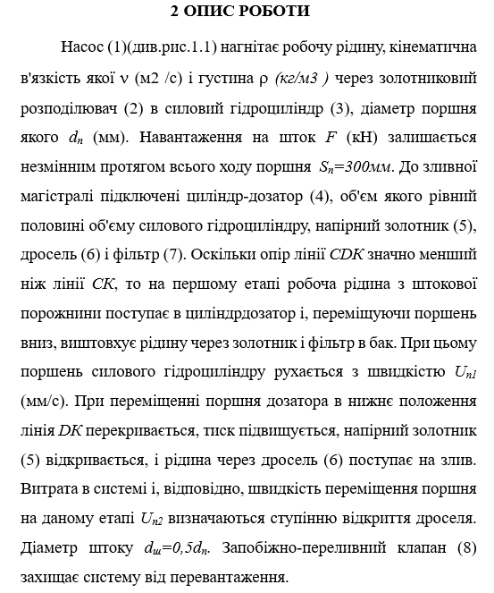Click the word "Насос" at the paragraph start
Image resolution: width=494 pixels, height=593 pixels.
(x=83, y=47)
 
